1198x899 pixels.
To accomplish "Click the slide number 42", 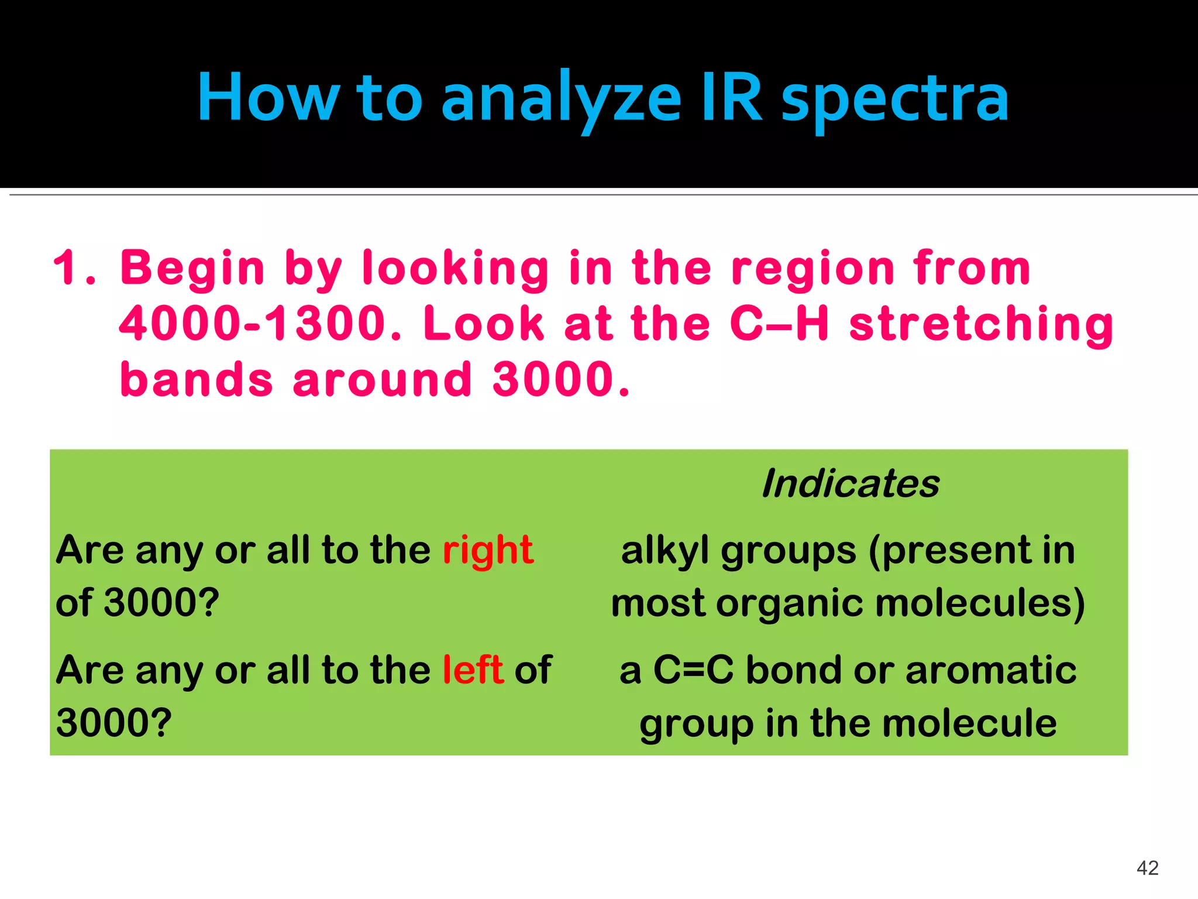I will (x=1147, y=867).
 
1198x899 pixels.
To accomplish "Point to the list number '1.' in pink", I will (x=74, y=268).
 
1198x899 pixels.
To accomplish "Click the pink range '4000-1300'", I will (x=261, y=324).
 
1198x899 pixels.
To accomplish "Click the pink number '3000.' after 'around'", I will (x=562, y=379).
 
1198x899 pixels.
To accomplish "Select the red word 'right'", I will (x=488, y=551).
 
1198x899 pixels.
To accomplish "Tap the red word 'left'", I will (x=473, y=670).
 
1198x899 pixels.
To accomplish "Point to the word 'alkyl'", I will (x=665, y=551).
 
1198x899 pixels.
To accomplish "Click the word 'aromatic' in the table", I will (x=991, y=670).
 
